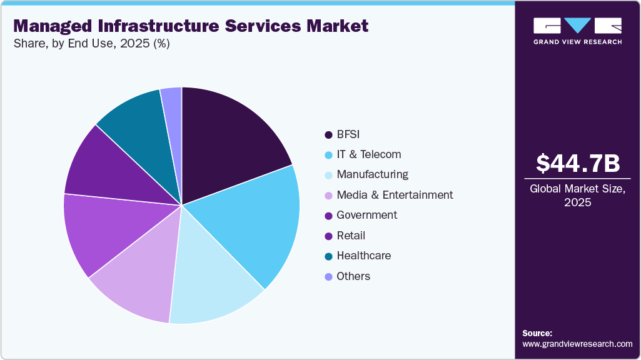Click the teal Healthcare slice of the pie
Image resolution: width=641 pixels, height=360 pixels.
[x=134, y=122]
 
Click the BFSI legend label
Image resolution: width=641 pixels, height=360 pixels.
[x=348, y=134]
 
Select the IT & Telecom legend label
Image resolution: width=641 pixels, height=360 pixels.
[x=368, y=154]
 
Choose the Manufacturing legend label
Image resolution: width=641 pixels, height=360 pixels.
[x=372, y=174]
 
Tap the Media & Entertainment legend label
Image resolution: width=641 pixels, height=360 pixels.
[x=395, y=195]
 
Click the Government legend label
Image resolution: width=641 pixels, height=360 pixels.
[x=366, y=215]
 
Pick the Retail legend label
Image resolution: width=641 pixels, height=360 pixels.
[x=351, y=236]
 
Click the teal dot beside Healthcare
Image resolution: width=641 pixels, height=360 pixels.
[x=328, y=256]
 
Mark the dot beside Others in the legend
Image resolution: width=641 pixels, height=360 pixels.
[x=328, y=276]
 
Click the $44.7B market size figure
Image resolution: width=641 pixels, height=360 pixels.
[x=578, y=164]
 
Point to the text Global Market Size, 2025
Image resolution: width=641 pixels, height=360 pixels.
[x=578, y=196]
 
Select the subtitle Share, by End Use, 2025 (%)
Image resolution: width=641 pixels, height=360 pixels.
[x=91, y=44]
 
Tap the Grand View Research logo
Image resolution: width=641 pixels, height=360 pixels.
[x=577, y=31]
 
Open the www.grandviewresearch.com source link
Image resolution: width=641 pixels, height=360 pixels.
[x=577, y=344]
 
